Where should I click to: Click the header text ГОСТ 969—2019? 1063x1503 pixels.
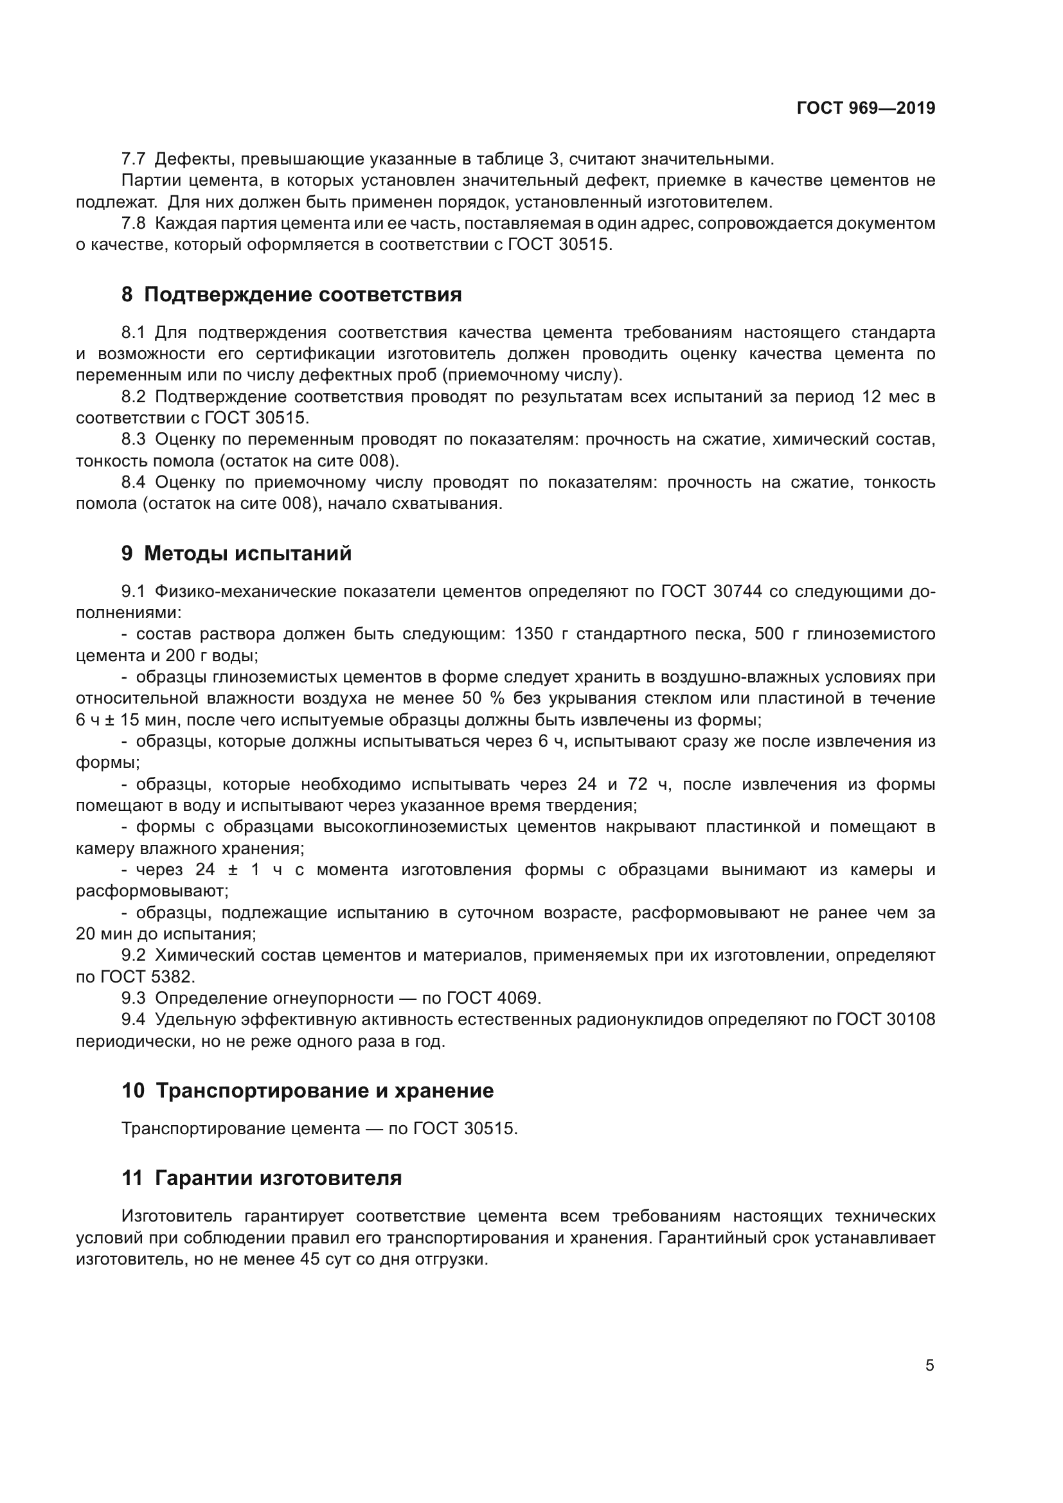click(x=865, y=109)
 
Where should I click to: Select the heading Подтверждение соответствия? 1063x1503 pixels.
click(x=303, y=294)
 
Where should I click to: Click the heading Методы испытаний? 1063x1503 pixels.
click(x=247, y=553)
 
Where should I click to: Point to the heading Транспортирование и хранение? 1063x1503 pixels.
click(x=325, y=1090)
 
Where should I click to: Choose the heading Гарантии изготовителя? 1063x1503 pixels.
click(x=278, y=1178)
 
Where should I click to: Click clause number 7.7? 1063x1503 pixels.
click(x=134, y=159)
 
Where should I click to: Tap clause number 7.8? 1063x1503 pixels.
click(x=134, y=223)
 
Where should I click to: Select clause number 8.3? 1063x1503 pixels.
click(x=134, y=440)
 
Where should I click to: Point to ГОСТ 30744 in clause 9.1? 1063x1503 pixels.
click(x=711, y=592)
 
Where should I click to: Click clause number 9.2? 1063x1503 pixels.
click(x=134, y=955)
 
